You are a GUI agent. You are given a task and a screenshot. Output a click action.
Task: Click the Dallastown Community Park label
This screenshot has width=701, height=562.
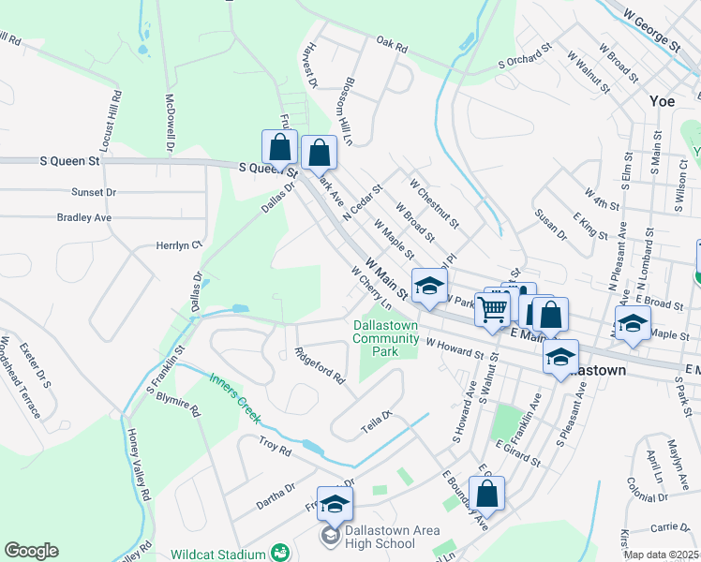386,338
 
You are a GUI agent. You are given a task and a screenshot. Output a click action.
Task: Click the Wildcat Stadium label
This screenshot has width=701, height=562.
218,555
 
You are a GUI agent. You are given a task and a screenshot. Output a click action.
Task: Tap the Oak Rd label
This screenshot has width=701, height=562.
392,44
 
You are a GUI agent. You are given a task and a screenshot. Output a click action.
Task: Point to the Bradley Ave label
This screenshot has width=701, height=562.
83,217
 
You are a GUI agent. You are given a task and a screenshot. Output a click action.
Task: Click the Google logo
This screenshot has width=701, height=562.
30,551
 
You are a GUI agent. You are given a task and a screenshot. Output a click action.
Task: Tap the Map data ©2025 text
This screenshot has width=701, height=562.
660,555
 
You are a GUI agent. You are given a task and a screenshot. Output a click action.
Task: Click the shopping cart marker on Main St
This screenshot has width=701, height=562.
492,308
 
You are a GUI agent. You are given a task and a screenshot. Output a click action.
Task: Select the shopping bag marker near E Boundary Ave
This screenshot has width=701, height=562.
486,493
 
